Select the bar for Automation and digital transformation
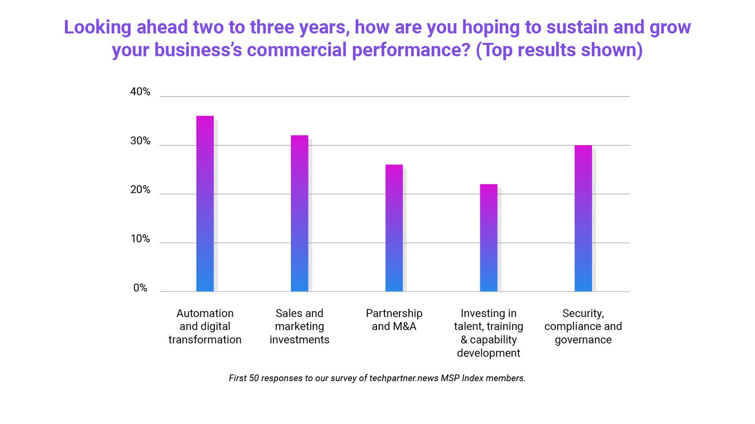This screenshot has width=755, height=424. point(205,204)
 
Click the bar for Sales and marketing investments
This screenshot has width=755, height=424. point(299,214)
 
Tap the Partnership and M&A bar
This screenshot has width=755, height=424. point(394,228)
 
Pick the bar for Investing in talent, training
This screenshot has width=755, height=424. point(488,238)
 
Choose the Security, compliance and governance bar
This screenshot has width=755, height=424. point(583,218)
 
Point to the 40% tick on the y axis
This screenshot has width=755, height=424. point(140,92)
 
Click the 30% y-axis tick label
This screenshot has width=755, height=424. point(140,141)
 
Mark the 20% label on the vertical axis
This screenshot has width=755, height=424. point(140,190)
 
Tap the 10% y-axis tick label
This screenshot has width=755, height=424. point(140,239)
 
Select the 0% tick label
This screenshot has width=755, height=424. point(140,288)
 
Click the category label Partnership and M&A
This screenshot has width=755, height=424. point(394,320)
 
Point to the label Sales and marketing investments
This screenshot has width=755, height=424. point(299,326)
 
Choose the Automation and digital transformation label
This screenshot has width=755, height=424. point(205,326)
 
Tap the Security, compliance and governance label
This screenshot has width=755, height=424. point(583,326)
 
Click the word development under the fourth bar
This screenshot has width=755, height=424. point(488,353)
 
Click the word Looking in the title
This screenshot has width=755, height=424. point(98,27)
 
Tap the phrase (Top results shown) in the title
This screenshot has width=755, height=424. point(559,50)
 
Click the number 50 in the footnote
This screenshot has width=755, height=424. point(254,378)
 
